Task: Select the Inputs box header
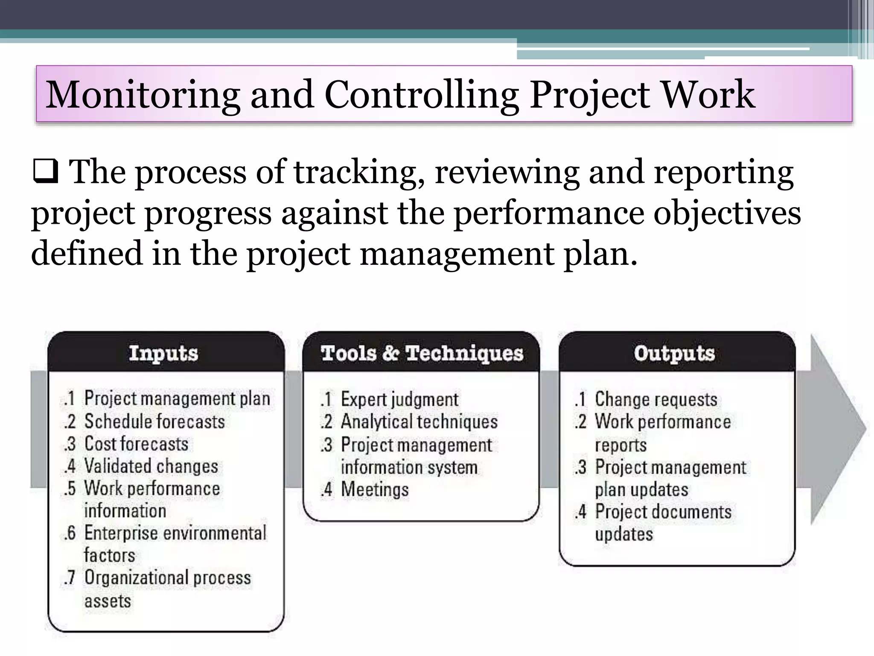click(x=164, y=354)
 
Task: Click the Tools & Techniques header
click(x=422, y=354)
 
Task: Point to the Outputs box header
click(x=674, y=354)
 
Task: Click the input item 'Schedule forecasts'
click(x=154, y=422)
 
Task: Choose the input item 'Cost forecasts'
click(x=136, y=444)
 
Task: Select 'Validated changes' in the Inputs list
click(x=151, y=466)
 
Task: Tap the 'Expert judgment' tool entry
click(x=399, y=399)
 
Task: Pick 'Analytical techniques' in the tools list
click(x=419, y=422)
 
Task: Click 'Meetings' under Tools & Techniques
click(x=375, y=489)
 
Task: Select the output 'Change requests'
click(x=656, y=399)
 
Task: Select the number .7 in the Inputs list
click(x=69, y=577)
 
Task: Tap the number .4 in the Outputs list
click(x=581, y=512)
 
